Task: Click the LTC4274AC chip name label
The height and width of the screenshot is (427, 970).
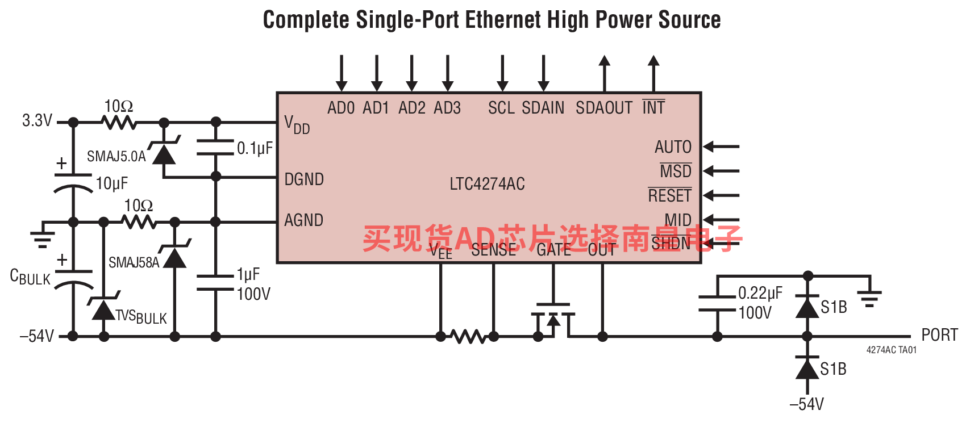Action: coord(487,184)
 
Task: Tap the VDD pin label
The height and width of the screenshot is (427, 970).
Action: coord(297,124)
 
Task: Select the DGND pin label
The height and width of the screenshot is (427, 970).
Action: coord(304,179)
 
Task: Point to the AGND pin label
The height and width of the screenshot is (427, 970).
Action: coord(303,220)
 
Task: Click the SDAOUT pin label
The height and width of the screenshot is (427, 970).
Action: coord(603,108)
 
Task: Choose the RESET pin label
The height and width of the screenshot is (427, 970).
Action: coord(669,196)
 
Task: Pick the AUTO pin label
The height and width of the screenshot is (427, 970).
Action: coord(673,147)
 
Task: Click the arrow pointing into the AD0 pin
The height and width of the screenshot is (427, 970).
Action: coord(342,73)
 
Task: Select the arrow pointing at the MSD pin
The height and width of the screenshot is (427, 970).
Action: coord(721,171)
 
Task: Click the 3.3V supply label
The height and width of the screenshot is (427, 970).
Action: coord(37,120)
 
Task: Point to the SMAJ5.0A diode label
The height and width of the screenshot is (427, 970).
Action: coord(116,156)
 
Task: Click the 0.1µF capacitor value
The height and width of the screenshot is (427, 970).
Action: coord(255,149)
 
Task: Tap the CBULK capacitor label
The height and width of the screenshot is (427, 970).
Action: coord(30,278)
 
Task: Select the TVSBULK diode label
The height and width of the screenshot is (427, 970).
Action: coord(141,317)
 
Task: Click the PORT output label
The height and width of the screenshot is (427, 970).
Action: coord(939,335)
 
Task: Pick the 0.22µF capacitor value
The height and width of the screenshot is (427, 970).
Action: coord(760,293)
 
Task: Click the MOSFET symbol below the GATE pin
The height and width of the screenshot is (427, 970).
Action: coord(553,321)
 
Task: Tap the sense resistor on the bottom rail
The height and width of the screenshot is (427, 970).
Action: coord(468,337)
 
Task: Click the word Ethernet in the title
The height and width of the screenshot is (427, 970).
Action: coord(502,20)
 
